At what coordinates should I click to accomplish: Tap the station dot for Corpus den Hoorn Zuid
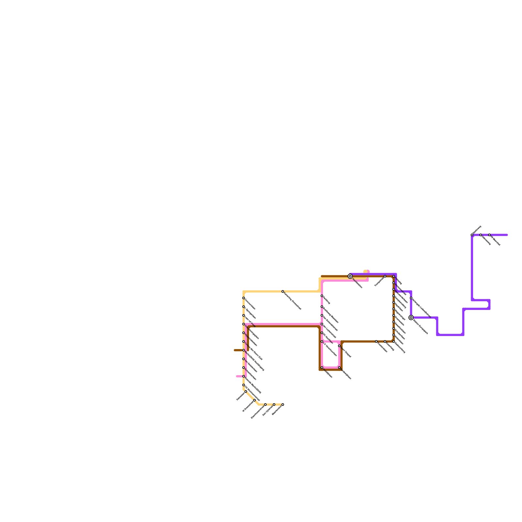point(243,342)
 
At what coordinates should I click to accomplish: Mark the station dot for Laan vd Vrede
point(243,315)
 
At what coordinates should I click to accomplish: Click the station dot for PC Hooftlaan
point(322,333)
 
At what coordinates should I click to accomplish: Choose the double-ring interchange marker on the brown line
point(350,276)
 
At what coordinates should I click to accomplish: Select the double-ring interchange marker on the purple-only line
point(411,317)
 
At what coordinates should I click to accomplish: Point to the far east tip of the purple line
point(507,235)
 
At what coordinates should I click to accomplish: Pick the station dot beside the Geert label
point(339,346)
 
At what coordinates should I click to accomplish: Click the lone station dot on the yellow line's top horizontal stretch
point(283,291)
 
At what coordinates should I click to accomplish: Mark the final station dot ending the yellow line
point(283,405)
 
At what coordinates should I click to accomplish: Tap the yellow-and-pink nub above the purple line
point(367,271)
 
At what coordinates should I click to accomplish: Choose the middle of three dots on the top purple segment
point(481,235)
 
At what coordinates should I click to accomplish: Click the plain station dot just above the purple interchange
point(411,298)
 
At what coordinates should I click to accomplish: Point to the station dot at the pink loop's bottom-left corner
point(322,368)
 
